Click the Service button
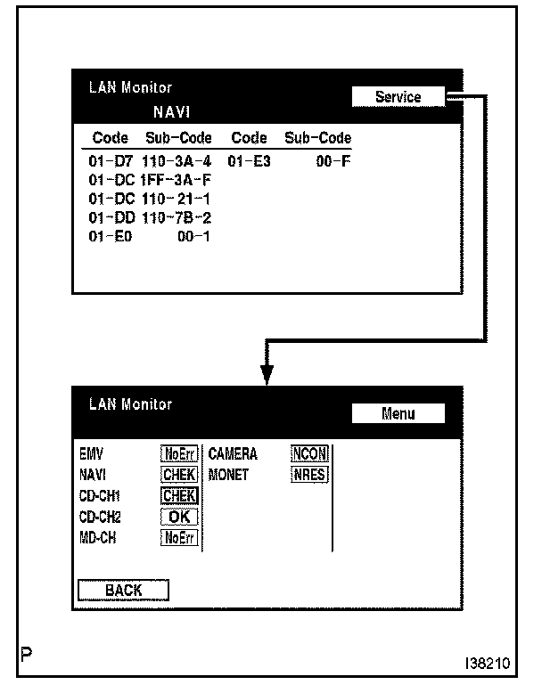pyautogui.click(x=398, y=97)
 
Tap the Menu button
pyautogui.click(x=398, y=413)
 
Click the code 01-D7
pyautogui.click(x=111, y=162)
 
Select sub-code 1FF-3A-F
pyautogui.click(x=176, y=181)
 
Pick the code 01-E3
pyautogui.click(x=249, y=162)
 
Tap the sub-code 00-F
pyautogui.click(x=333, y=162)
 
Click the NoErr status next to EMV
pyautogui.click(x=179, y=454)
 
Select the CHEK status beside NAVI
pyautogui.click(x=179, y=475)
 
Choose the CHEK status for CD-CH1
pyautogui.click(x=179, y=496)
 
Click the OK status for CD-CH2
pyautogui.click(x=179, y=517)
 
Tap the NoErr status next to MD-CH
pyautogui.click(x=179, y=537)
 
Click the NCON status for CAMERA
pyautogui.click(x=310, y=454)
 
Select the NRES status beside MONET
pyautogui.click(x=310, y=475)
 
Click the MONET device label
pyautogui.click(x=228, y=475)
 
